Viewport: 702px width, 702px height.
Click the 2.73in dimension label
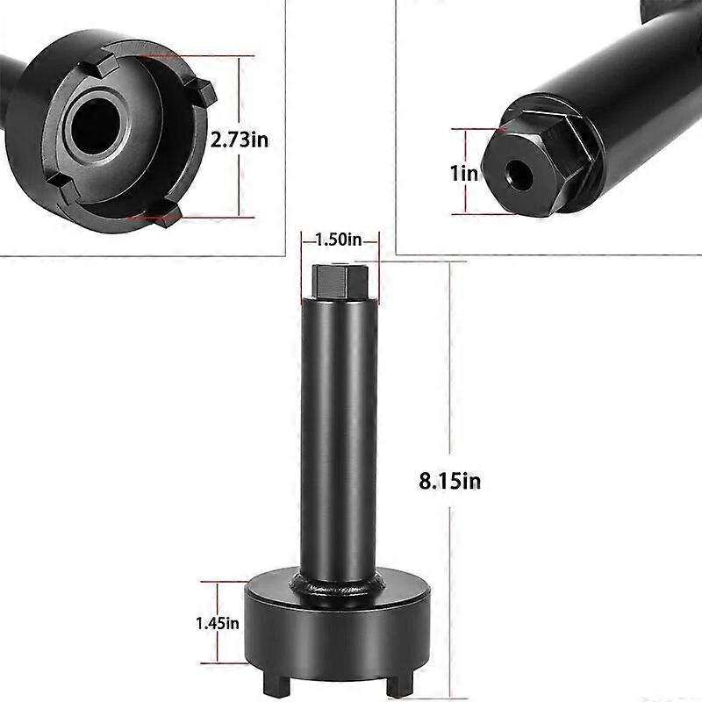click(240, 138)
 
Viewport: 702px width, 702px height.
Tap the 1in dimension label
click(465, 173)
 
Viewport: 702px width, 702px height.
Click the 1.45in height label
click(217, 623)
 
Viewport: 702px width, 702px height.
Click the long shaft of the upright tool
click(340, 439)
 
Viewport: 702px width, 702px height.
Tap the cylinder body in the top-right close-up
click(614, 88)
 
